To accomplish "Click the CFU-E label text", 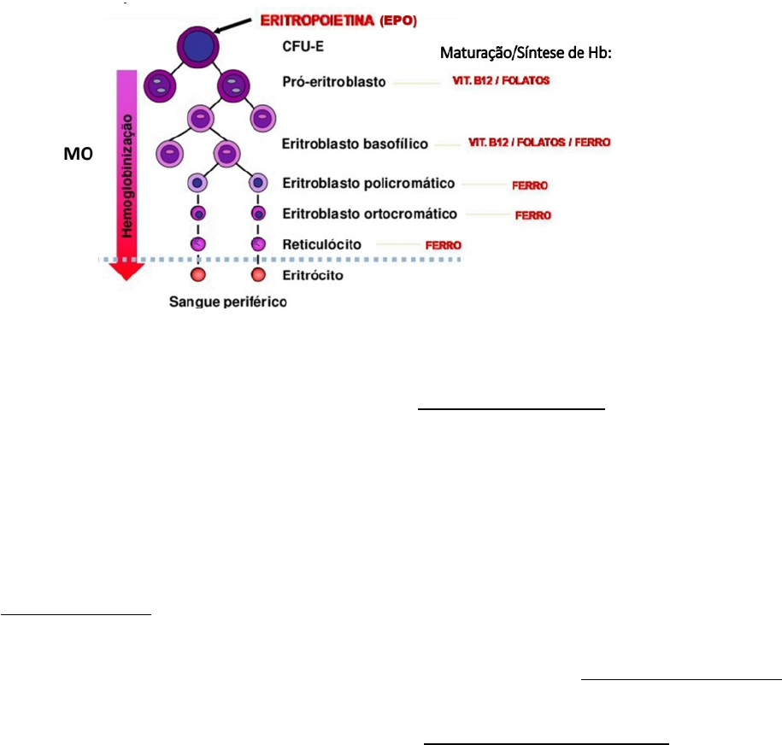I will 302,50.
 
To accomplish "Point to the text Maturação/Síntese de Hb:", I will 527,53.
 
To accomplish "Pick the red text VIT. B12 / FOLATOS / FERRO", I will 538,142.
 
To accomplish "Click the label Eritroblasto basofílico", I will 354,144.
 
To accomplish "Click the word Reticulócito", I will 320,244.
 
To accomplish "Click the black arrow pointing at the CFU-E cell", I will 231,23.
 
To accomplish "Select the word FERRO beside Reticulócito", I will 444,244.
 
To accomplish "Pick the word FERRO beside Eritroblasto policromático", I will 529,184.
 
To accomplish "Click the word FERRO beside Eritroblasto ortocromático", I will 533,215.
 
